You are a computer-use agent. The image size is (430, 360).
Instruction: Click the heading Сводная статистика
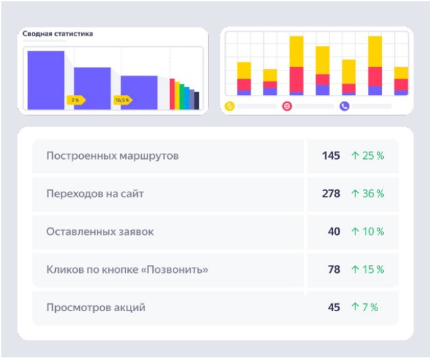[58, 34]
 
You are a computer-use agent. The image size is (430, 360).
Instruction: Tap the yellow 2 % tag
[76, 100]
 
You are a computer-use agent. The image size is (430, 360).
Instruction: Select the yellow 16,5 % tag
[123, 100]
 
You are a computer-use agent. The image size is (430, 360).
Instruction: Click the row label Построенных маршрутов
[112, 156]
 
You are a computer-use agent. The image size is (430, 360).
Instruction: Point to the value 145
[331, 156]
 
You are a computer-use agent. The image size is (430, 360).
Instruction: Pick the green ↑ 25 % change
[367, 156]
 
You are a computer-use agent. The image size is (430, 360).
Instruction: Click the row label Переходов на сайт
[95, 194]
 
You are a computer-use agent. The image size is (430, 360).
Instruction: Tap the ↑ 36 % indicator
[367, 194]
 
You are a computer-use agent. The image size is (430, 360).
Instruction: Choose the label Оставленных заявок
[100, 231]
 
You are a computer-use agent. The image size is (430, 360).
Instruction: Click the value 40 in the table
[334, 231]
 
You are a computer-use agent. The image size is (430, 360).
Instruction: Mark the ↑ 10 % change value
[367, 231]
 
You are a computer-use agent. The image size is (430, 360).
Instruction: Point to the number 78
[334, 270]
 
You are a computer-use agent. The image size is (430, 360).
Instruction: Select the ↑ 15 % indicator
[367, 270]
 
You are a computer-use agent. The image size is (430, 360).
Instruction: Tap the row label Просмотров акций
[96, 307]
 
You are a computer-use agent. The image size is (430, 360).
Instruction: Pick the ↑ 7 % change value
[365, 307]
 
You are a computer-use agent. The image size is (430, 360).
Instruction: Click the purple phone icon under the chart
[344, 105]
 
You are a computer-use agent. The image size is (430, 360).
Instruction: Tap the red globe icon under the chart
[287, 105]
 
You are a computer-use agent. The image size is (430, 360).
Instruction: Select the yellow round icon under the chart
[230, 105]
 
